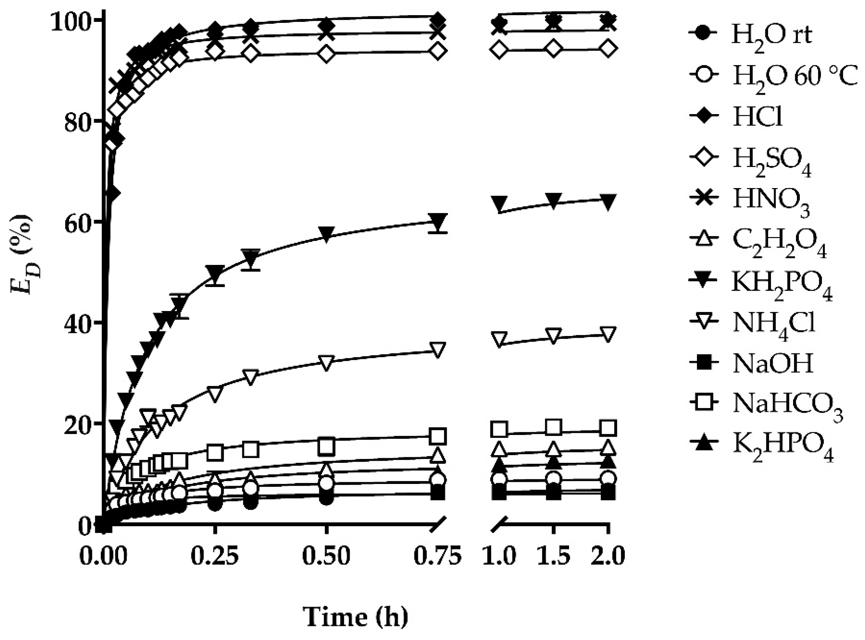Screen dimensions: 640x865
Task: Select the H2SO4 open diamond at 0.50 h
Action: tap(326, 54)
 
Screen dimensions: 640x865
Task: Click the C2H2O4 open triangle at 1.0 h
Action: tap(499, 450)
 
